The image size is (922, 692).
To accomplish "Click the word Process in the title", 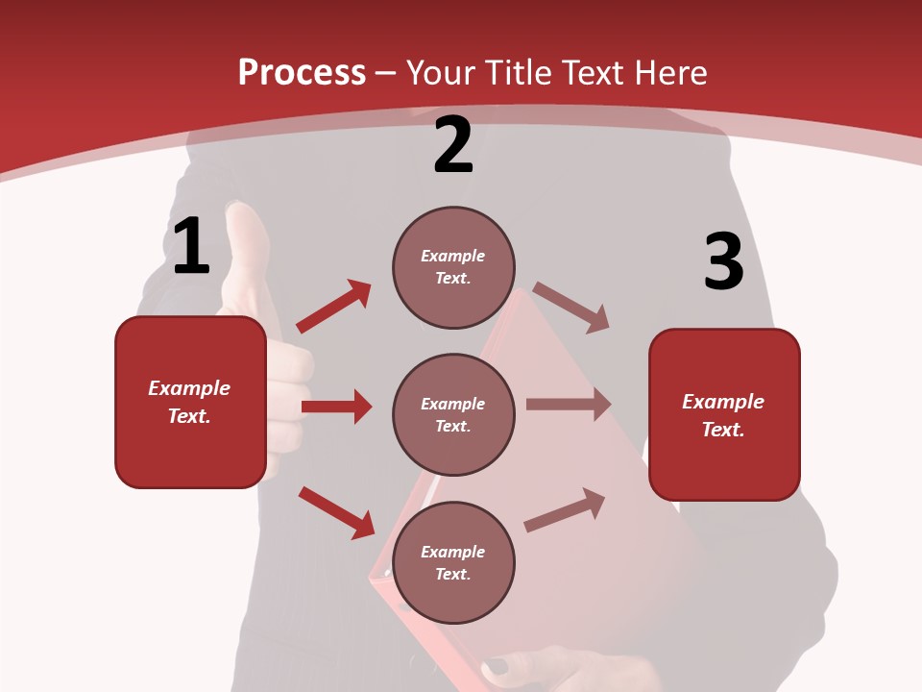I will click(302, 73).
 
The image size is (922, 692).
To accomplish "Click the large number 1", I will click(191, 247).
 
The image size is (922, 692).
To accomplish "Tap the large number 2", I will click(453, 145).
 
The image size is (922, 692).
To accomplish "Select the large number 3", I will click(723, 262).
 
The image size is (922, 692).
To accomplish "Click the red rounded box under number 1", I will click(190, 402).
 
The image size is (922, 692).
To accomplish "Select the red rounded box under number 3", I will click(724, 414).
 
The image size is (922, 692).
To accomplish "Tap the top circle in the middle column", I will click(453, 267).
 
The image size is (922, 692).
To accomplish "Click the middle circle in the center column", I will click(453, 414).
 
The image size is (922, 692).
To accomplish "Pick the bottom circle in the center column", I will click(453, 562).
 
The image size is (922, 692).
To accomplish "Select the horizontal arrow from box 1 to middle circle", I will click(336, 407).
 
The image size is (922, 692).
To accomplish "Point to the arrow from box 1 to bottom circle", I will click(336, 512).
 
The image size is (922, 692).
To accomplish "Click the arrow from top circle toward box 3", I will click(571, 308).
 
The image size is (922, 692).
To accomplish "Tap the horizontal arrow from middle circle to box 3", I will click(569, 405).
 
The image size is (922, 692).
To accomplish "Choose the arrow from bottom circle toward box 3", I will click(565, 509).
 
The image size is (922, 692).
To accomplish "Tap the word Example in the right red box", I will click(723, 402).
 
